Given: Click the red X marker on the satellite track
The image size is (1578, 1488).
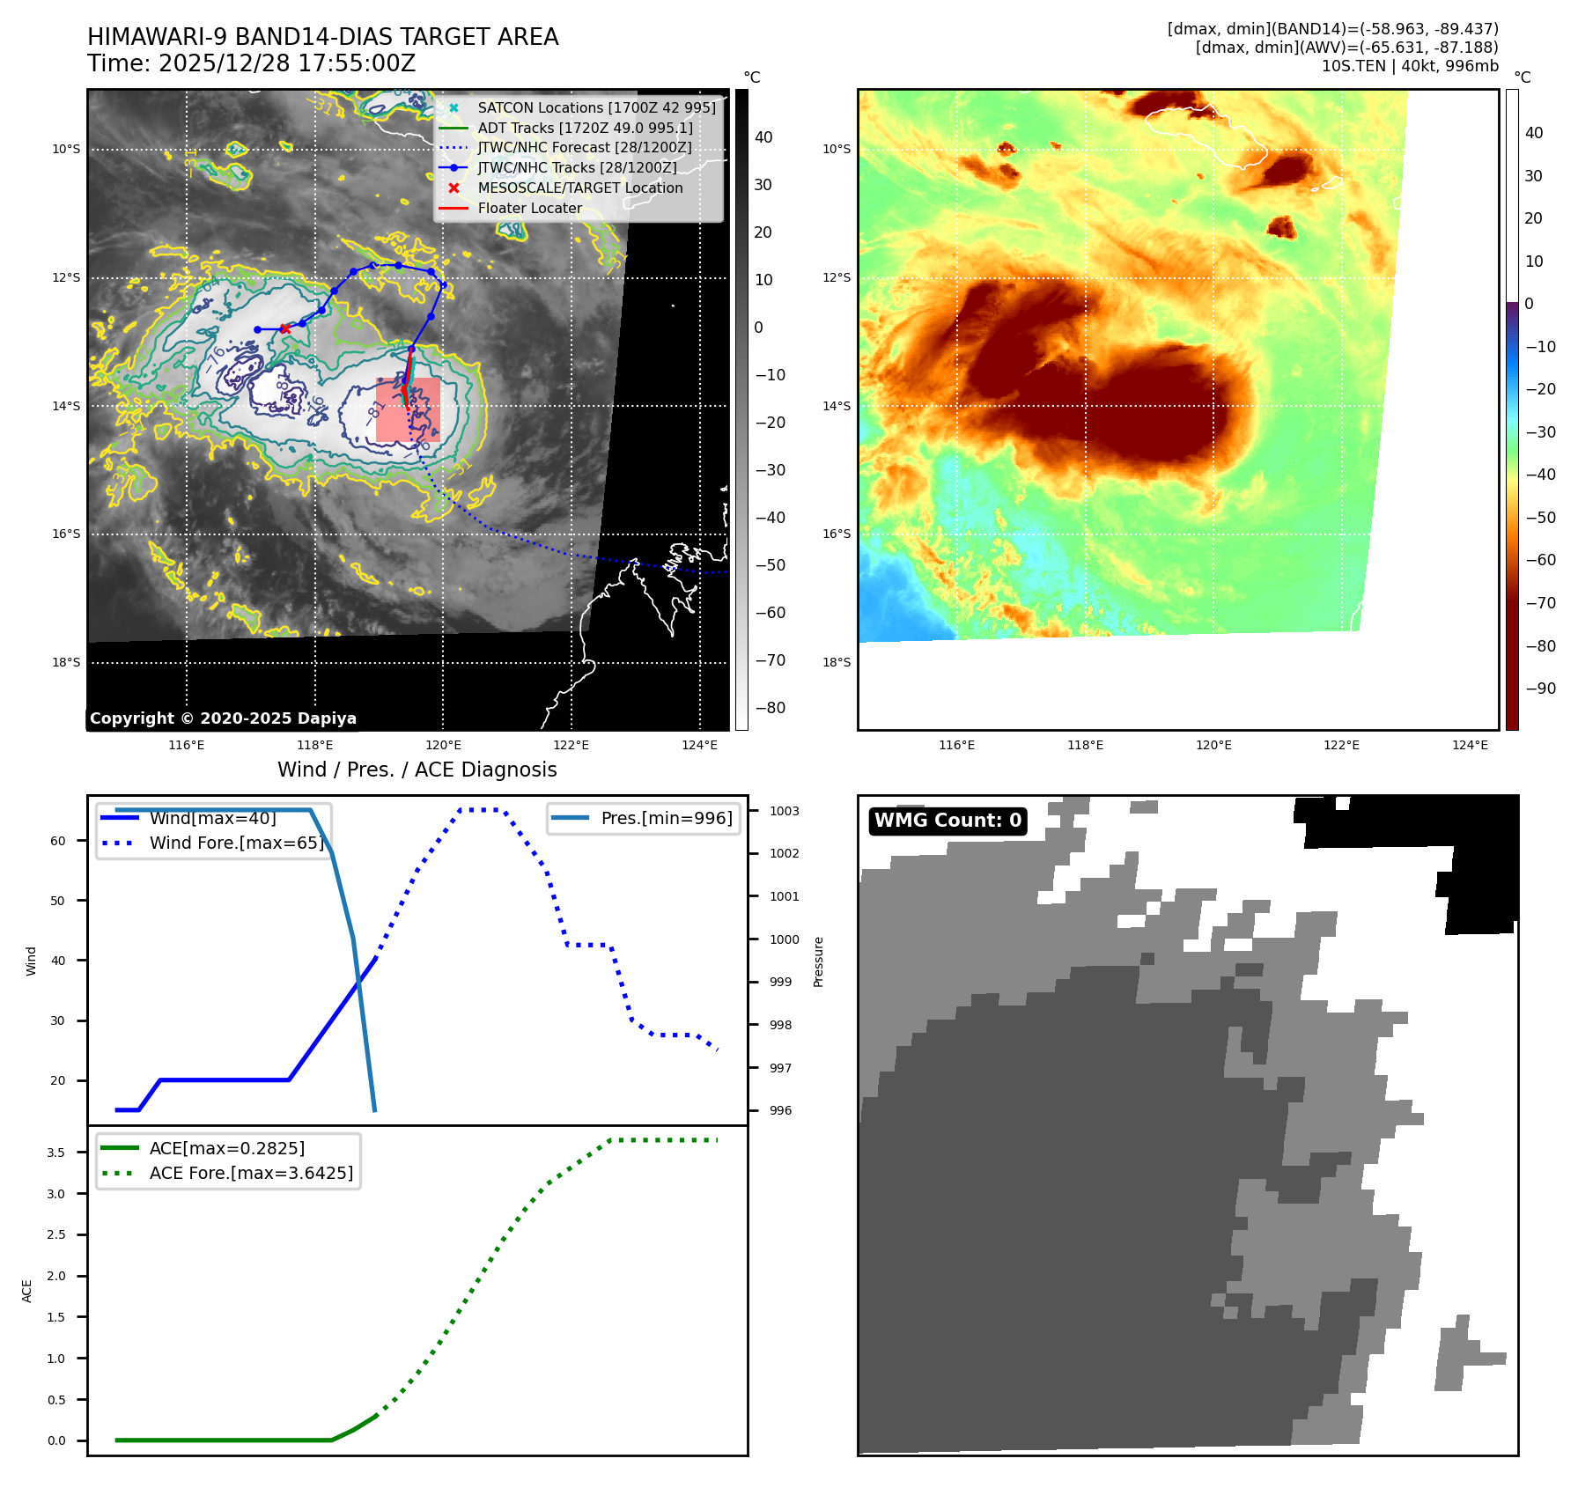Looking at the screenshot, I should pos(284,328).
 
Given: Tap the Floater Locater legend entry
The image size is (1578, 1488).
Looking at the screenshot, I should pos(529,208).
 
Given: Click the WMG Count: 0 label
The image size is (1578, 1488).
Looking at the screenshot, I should pos(948,821).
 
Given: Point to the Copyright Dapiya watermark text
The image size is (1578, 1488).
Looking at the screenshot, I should pos(223,718).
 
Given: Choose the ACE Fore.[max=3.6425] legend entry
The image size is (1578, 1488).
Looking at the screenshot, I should pos(251,1173).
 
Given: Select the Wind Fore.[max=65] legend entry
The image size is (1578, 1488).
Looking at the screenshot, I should pos(236,843).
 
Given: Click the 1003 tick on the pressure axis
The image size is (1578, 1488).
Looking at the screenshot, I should pos(784,811).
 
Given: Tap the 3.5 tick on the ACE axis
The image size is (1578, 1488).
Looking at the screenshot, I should pos(55,1153).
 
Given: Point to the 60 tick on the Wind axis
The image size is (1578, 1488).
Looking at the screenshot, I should pos(58,841).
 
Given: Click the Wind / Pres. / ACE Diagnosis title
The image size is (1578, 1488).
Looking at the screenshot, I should pos(417,770).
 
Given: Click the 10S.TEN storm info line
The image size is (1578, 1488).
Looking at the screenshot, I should pos(1409,66).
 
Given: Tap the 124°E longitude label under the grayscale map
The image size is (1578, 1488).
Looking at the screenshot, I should pos(699,745).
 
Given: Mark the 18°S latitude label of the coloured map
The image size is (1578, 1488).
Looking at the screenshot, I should pos(837,662).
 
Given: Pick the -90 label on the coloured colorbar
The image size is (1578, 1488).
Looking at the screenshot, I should pos(1540,689).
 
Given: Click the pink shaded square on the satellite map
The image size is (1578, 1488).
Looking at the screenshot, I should pos(408,409).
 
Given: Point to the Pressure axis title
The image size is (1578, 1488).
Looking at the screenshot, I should pos(818,961).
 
